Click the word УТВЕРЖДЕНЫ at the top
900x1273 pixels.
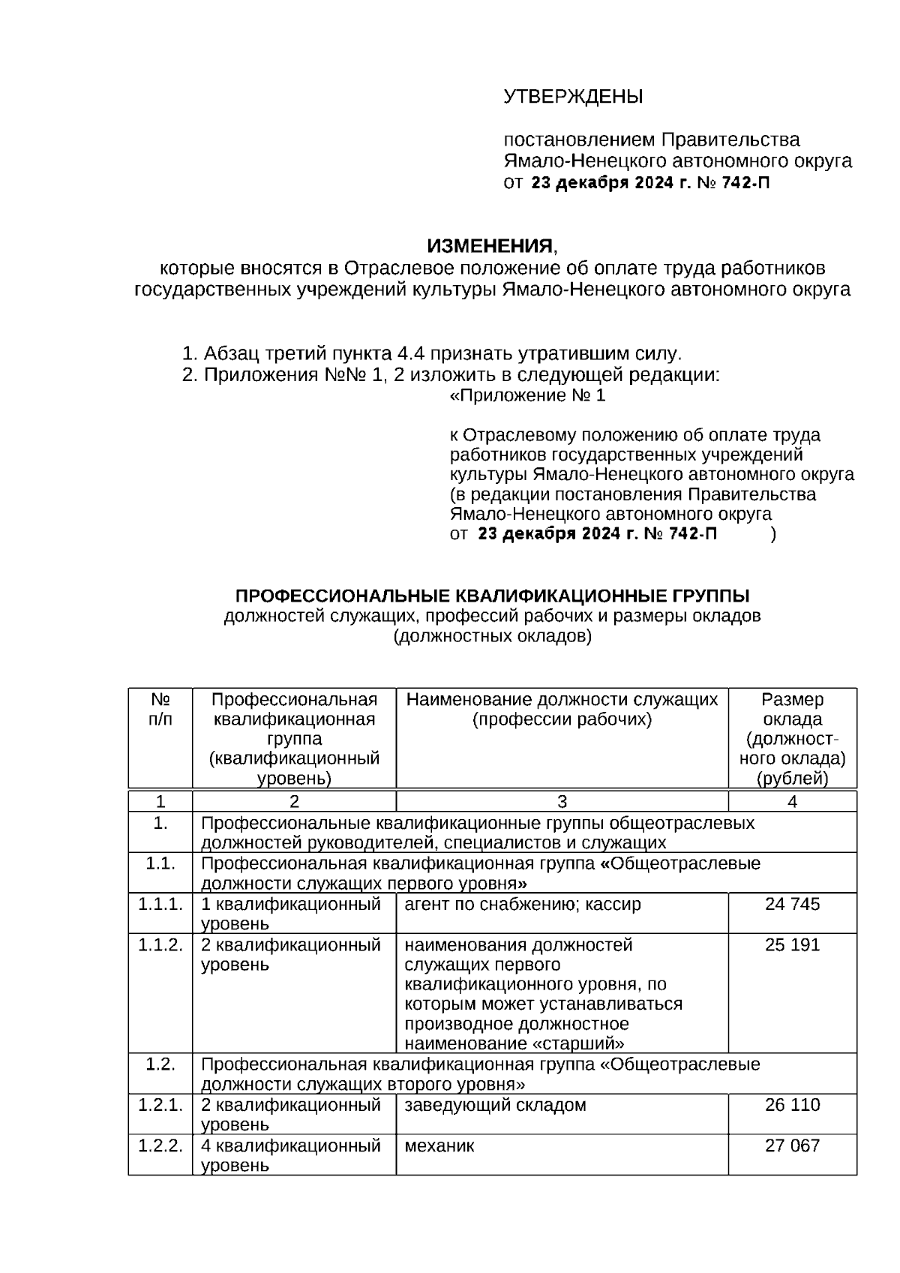[x=573, y=97]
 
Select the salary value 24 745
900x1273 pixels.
[x=792, y=904]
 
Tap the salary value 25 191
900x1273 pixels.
[x=792, y=944]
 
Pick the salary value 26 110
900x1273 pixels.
[x=792, y=1105]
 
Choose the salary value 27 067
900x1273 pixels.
[x=792, y=1145]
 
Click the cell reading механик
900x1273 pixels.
[x=439, y=1145]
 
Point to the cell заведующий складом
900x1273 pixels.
[x=495, y=1105]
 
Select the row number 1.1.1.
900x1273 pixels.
[x=160, y=904]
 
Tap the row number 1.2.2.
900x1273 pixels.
[x=160, y=1145]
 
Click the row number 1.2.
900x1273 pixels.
[x=160, y=1064]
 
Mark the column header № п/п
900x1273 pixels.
[x=160, y=710]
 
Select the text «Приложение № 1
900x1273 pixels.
[x=526, y=395]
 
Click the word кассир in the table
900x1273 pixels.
[x=618, y=904]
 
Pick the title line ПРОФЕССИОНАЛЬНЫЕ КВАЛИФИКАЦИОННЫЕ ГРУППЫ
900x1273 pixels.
[x=492, y=596]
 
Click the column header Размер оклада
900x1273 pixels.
[x=792, y=710]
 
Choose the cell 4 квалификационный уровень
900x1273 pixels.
[x=291, y=1155]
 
